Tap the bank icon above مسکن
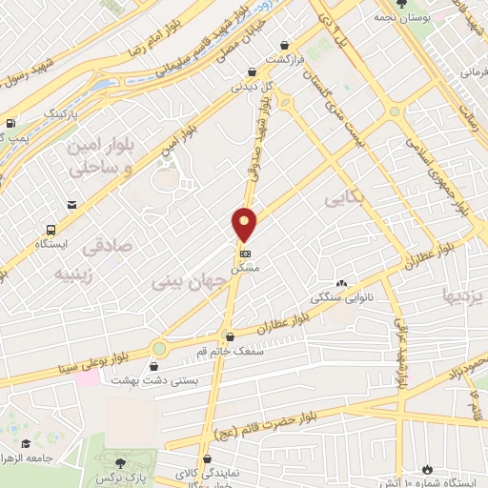tap(246, 254)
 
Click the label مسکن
tap(248, 270)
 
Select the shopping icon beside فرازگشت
tap(286, 44)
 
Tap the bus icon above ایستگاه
tap(50, 230)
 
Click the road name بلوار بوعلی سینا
tap(86, 357)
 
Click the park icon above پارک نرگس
tap(119, 462)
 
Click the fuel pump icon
tap(10, 123)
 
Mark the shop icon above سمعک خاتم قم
tap(228, 336)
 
